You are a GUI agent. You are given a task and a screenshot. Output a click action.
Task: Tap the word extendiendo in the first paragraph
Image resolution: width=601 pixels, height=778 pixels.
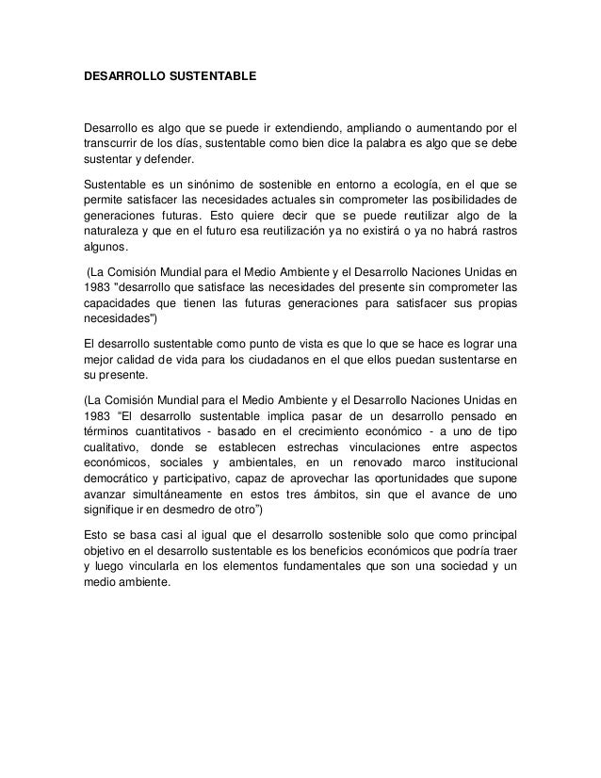coord(334,127)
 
